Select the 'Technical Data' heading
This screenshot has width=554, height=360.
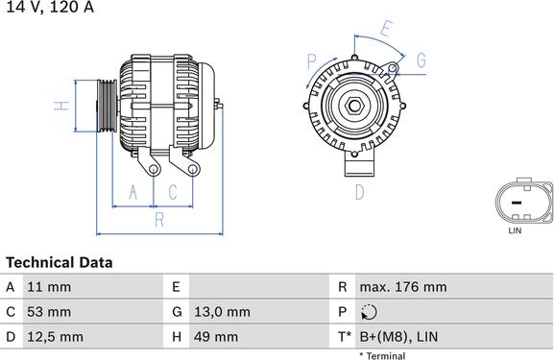[x=59, y=262]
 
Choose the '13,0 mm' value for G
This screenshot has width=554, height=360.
[x=224, y=312]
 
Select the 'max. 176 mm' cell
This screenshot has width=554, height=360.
[x=402, y=287]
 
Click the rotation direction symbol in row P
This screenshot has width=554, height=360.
[x=371, y=312]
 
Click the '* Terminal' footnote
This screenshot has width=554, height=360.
[x=382, y=356]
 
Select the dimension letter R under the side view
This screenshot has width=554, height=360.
[x=159, y=219]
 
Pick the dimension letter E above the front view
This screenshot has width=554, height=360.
[x=385, y=28]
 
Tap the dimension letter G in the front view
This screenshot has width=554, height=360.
[x=421, y=61]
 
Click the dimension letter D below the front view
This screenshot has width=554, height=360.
[x=359, y=192]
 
